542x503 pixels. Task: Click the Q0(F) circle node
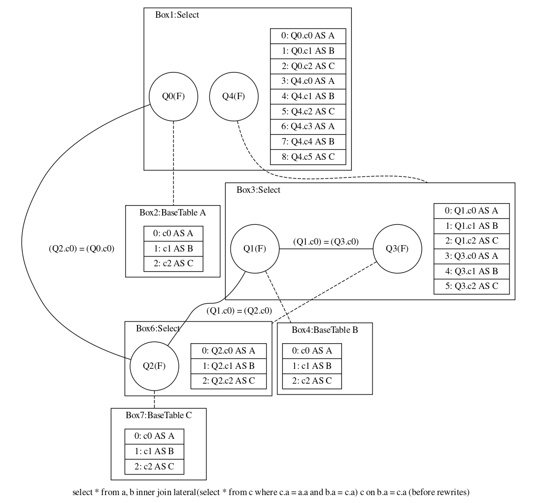tap(173, 97)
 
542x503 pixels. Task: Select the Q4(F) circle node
tap(234, 97)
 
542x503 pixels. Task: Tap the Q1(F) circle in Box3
tap(255, 249)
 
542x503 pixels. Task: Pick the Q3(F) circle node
tap(397, 249)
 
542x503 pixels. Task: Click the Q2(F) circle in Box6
tap(154, 366)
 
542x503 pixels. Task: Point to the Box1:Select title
tap(177, 15)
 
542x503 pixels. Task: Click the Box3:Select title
tap(258, 190)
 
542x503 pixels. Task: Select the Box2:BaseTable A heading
tap(172, 213)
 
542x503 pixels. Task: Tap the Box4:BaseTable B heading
tap(325, 330)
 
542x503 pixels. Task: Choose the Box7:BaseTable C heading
tap(159, 415)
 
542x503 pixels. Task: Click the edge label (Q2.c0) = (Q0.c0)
tap(81, 249)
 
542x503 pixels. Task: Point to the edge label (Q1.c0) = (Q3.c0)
tap(326, 242)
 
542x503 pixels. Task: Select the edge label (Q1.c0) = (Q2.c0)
tap(239, 311)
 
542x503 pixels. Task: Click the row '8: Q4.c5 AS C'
tap(308, 157)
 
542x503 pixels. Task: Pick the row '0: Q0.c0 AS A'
tap(308, 36)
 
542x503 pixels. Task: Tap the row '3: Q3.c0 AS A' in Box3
tap(471, 256)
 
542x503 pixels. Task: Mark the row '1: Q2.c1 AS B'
tap(229, 366)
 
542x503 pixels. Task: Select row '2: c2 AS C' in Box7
tap(154, 466)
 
